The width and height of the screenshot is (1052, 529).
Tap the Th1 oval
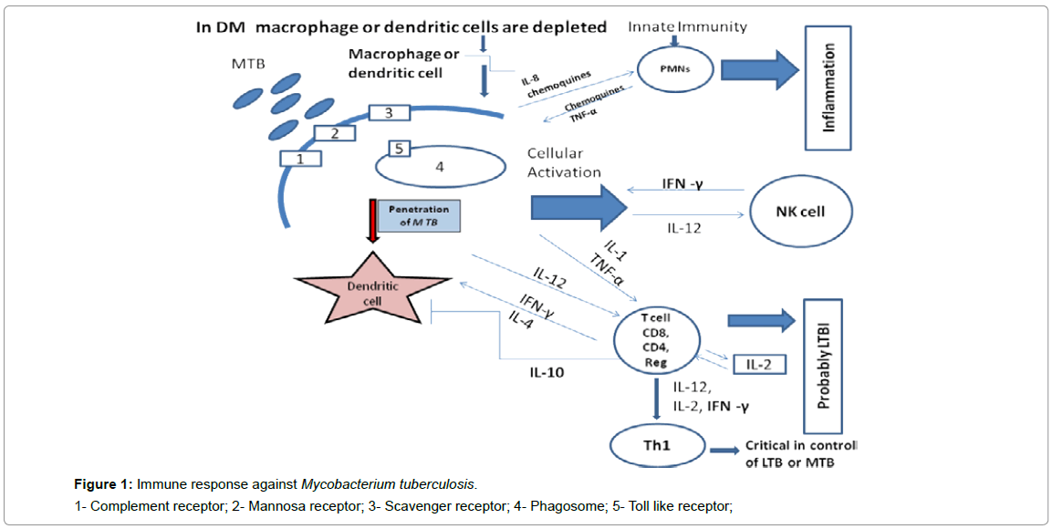pos(656,447)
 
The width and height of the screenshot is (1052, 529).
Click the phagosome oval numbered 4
pos(440,167)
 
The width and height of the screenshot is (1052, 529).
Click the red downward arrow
pos(372,220)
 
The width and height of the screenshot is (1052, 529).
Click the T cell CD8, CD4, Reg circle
pos(655,340)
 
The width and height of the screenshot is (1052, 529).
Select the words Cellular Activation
pos(564,162)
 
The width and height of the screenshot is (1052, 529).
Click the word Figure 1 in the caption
pos(102,482)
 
